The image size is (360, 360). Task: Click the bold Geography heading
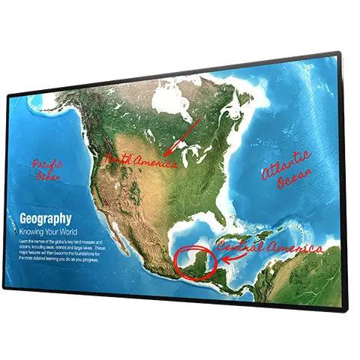coord(40,219)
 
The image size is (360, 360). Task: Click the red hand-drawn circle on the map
coord(195,259)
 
